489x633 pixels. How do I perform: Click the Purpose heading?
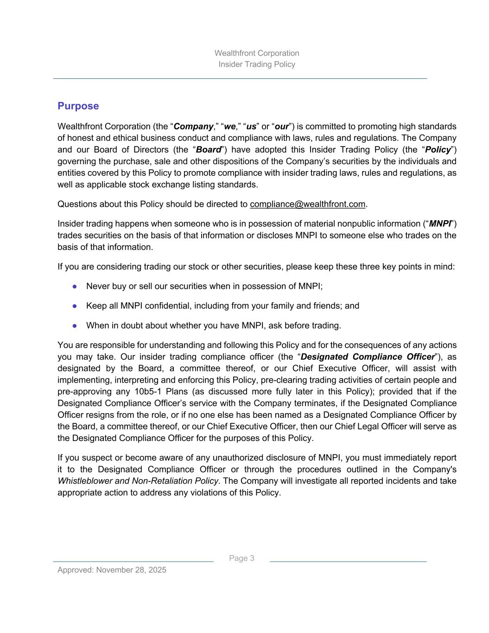(78, 106)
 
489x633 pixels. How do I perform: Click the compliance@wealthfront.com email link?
(307, 204)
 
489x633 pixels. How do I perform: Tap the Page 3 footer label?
(241, 558)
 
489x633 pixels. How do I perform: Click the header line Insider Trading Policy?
(257, 64)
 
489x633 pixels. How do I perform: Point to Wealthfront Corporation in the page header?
(257, 53)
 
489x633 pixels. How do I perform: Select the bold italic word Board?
(208, 150)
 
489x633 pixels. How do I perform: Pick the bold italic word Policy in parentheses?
(438, 150)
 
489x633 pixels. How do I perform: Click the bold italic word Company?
(193, 127)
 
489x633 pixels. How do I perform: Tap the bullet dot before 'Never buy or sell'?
(74, 287)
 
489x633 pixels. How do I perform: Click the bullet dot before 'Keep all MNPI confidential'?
(74, 306)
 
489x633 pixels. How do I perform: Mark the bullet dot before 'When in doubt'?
(74, 326)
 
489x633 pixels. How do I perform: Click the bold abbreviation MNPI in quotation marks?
(440, 224)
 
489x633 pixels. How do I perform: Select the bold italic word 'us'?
(251, 127)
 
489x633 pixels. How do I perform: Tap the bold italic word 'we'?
(229, 127)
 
